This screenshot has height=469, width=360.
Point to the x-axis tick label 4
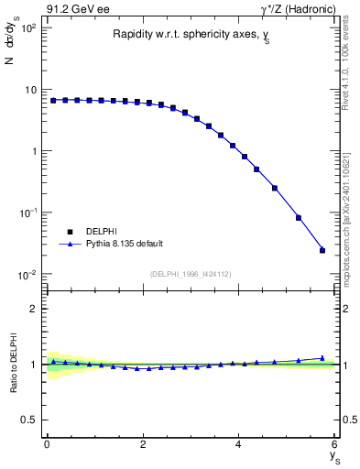point(239,444)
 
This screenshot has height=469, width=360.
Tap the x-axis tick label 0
point(47,444)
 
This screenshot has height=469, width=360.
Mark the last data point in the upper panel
point(322,250)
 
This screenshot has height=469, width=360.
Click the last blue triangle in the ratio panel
point(322,358)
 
